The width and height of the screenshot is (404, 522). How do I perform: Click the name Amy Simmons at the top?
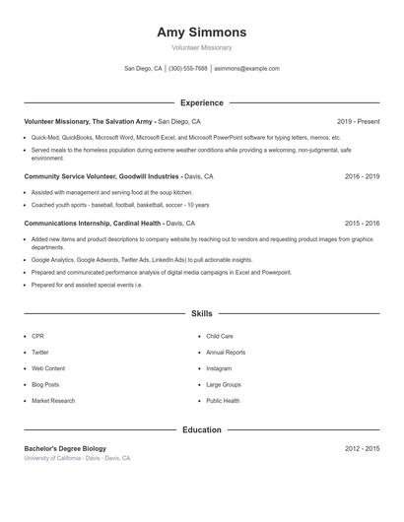[202, 33]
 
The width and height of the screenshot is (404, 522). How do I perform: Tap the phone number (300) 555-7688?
[188, 69]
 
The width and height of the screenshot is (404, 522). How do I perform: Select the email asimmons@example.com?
[246, 69]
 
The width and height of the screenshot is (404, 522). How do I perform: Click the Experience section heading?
[202, 102]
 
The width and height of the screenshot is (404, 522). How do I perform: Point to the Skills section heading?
[202, 313]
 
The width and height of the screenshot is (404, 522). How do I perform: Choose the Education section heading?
[202, 429]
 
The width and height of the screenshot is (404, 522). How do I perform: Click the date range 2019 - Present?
[358, 121]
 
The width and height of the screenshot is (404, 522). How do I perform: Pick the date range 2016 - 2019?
[362, 176]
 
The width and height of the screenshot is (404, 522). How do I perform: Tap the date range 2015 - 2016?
[362, 224]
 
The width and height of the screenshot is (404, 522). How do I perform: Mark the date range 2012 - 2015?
[362, 448]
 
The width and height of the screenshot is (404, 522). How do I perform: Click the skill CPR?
[37, 336]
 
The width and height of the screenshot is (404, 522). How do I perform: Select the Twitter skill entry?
[40, 352]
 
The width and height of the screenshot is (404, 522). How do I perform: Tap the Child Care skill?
[220, 336]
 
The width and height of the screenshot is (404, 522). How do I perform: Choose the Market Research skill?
[53, 401]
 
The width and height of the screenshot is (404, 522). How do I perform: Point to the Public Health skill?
[223, 401]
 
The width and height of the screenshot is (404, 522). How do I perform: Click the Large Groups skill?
[224, 384]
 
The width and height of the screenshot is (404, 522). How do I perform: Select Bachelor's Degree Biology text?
[66, 448]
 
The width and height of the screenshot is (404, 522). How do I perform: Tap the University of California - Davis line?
[77, 458]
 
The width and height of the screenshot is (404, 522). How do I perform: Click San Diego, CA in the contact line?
[143, 69]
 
